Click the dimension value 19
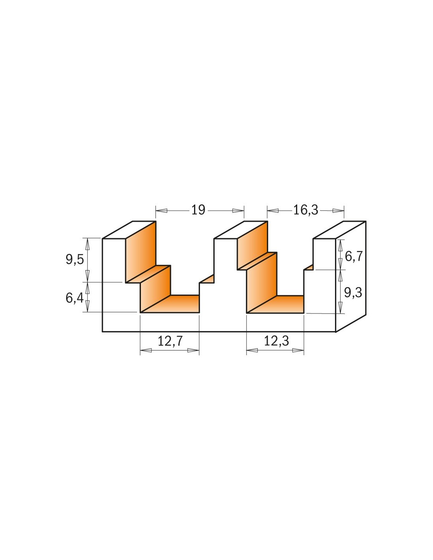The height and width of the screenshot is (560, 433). (198, 210)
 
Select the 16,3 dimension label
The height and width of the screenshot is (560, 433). (305, 210)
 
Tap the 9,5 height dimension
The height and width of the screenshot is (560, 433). (75, 259)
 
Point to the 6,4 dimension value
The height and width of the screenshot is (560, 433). (75, 298)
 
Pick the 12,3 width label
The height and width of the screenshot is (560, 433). (276, 341)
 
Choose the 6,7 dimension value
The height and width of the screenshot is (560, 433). (353, 256)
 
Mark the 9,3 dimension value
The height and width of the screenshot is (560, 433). (353, 293)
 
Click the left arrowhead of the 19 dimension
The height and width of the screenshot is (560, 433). (161, 211)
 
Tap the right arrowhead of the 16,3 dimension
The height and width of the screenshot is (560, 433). (338, 211)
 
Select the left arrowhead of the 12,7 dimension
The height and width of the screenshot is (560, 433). (146, 350)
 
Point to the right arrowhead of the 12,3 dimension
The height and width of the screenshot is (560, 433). (298, 350)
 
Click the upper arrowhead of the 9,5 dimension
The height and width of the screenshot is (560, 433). (87, 244)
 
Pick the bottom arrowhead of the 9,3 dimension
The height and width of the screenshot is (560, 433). (341, 308)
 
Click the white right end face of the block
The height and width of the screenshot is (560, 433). (351, 276)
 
